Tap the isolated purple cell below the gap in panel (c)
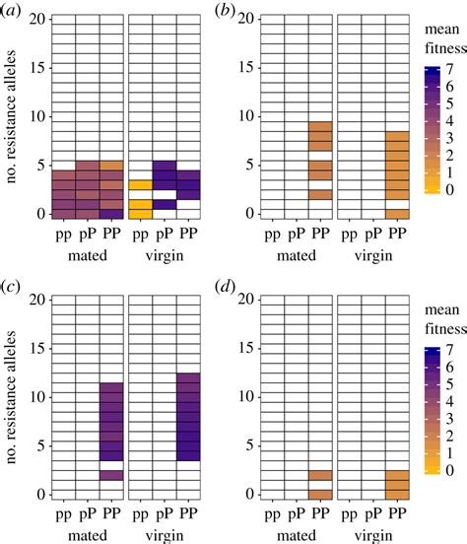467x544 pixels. [112, 475]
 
